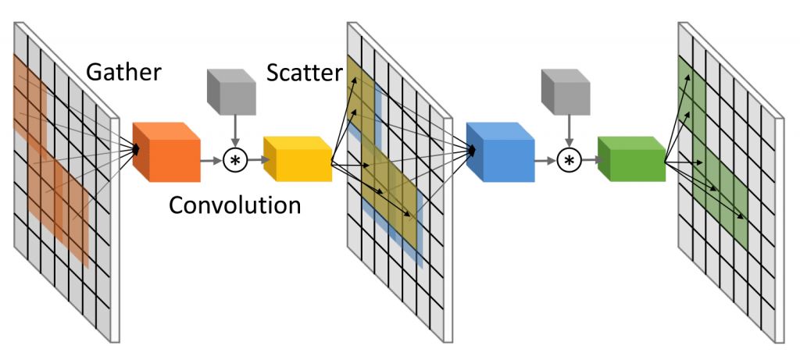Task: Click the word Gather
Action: click(123, 73)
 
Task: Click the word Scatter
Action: click(304, 73)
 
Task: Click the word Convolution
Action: click(235, 205)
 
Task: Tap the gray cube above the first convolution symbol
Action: click(232, 91)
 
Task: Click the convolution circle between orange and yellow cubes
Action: click(234, 160)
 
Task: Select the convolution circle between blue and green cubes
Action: click(569, 160)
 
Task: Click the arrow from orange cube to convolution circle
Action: click(212, 160)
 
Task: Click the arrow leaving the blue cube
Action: click(546, 160)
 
